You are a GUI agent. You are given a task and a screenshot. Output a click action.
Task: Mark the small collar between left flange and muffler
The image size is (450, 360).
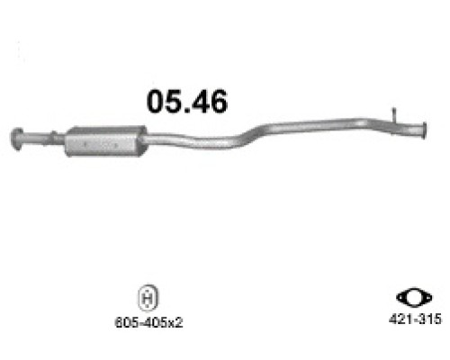[56, 139]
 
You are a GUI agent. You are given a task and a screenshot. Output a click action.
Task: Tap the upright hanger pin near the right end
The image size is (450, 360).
[393, 114]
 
